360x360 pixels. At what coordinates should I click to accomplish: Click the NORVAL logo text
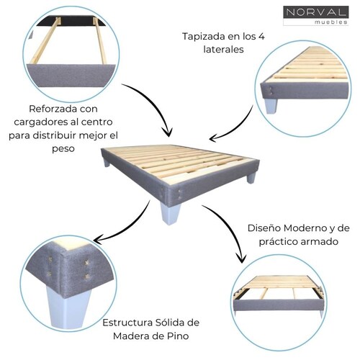[316, 12]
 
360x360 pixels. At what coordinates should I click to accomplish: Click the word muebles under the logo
[331, 22]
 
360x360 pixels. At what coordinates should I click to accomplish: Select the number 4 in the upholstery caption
[261, 36]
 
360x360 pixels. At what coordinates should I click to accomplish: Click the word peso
[63, 149]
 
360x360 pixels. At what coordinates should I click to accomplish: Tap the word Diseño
[264, 228]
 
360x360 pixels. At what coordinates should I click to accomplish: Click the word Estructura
[127, 323]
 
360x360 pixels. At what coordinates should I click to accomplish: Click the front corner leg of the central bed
[170, 213]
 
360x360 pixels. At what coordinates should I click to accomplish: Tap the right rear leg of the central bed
[251, 178]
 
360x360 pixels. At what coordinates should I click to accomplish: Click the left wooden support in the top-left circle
[45, 41]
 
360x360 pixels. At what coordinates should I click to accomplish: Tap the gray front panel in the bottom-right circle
[279, 305]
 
